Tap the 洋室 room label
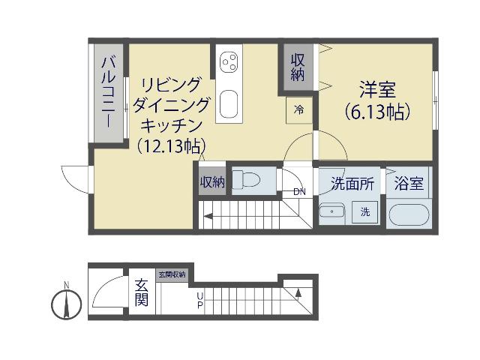coord(377,88)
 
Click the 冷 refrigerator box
coord(299,109)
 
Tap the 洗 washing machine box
coord(365,212)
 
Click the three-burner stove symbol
coord(229,61)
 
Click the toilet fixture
coord(244,180)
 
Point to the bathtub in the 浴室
coord(408,214)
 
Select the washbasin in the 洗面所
coord(330,212)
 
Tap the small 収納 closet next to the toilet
coord(211,182)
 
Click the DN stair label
coord(299,191)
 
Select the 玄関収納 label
coord(171,274)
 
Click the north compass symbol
coord(67,304)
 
